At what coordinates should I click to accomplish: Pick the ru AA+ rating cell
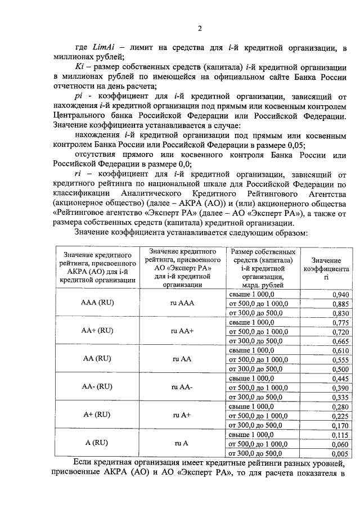(x=182, y=331)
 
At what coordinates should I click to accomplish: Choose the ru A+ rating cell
(x=182, y=415)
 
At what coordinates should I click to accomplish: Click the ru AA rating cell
(x=182, y=358)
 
